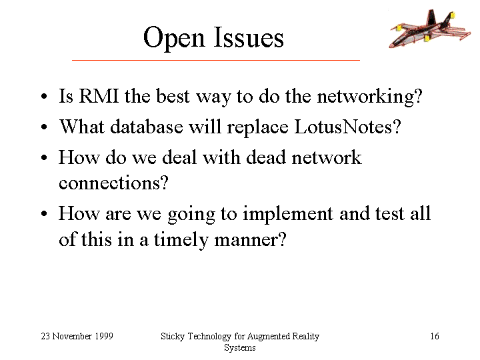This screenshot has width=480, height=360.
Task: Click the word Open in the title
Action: [x=174, y=38]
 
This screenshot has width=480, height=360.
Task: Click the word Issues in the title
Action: [x=249, y=37]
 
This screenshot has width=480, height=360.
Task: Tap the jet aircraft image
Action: [x=430, y=29]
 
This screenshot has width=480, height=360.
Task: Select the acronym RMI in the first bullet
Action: [x=99, y=96]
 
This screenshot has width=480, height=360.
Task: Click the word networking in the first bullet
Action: [x=369, y=97]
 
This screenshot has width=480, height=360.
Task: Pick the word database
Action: [x=146, y=127]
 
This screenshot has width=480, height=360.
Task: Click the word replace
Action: [x=257, y=128]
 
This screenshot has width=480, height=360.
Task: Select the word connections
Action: [x=113, y=183]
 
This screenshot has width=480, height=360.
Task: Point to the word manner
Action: [x=251, y=241]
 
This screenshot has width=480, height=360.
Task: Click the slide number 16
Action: [x=435, y=336]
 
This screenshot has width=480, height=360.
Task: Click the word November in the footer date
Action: [x=72, y=336]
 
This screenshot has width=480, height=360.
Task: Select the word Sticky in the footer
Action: [x=173, y=337]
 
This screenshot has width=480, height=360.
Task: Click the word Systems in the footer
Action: [x=240, y=348]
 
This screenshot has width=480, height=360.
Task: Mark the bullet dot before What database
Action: [x=45, y=127]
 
